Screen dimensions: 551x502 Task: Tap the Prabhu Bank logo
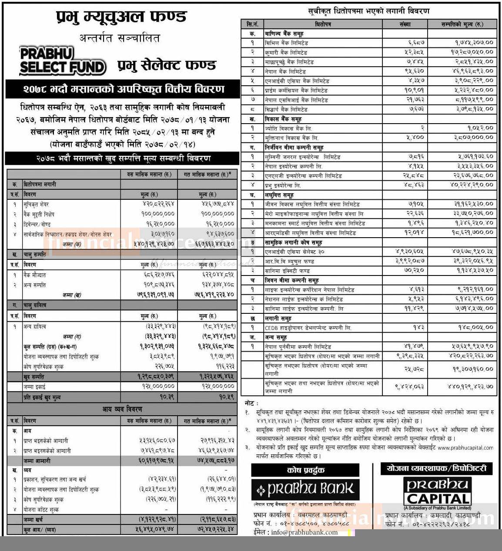[305, 489]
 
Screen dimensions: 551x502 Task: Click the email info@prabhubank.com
[304, 532]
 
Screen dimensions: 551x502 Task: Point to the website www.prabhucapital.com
[465, 447]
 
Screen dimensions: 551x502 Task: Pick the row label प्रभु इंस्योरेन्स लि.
[282, 185]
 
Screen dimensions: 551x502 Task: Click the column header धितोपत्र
[323, 24]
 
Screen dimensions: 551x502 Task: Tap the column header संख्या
[405, 24]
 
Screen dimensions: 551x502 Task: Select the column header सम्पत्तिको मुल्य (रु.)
[462, 24]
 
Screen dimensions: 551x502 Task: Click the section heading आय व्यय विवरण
[122, 410]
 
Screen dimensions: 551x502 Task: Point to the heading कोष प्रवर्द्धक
[306, 470]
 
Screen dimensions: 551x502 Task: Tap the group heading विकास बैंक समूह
[283, 119]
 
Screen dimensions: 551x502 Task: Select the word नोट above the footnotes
[251, 403]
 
